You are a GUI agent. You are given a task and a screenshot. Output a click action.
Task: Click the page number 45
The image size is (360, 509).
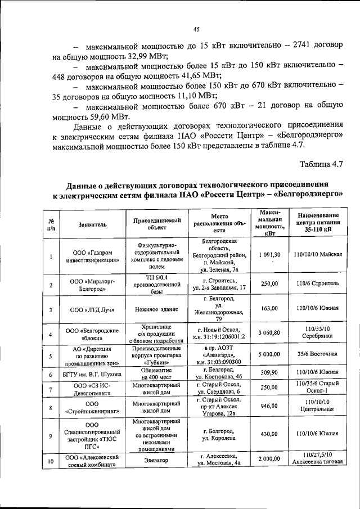(x=196, y=30)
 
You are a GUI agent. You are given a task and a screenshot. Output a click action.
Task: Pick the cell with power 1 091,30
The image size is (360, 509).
(x=269, y=254)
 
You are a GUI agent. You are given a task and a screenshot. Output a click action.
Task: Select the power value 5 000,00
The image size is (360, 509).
(x=269, y=354)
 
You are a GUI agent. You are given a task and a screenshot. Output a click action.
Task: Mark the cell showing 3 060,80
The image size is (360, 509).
(x=269, y=334)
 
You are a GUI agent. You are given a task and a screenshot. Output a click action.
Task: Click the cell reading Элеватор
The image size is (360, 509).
(x=152, y=460)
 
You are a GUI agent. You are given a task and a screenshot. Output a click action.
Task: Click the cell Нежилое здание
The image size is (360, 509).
(x=152, y=309)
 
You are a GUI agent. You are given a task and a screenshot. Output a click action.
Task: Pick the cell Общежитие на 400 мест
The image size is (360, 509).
(x=152, y=373)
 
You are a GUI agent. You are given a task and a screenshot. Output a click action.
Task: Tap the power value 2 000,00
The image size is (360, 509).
(x=269, y=460)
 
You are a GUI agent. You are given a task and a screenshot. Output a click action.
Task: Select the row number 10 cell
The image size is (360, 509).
(x=51, y=460)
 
